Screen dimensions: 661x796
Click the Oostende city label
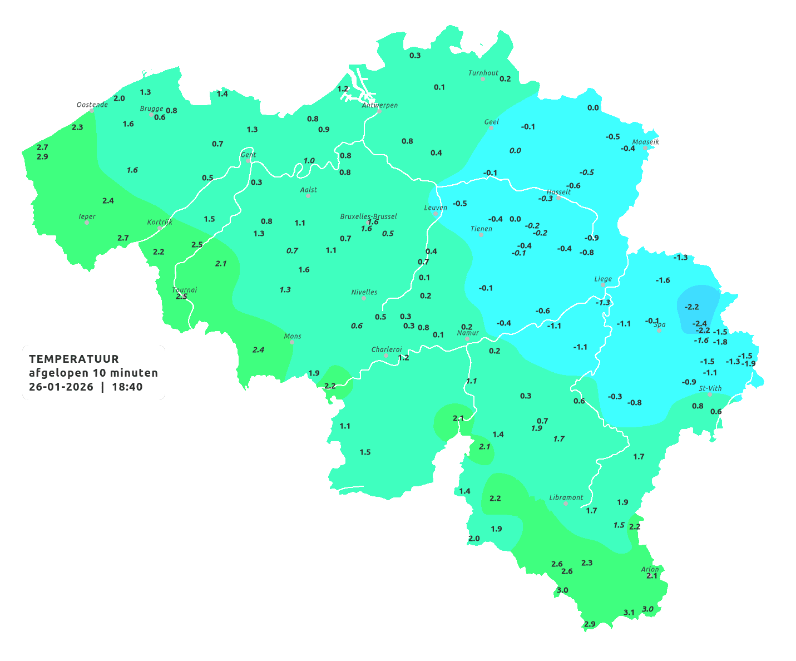point(92,105)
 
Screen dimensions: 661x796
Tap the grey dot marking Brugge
point(151,114)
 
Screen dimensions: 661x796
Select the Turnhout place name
point(483,73)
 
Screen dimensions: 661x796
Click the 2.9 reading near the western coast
point(42,157)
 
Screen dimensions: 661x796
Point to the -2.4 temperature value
point(699,324)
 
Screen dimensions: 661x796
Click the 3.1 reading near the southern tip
point(629,613)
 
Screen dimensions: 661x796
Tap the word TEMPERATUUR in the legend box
point(73,359)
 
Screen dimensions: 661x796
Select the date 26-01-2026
point(61,387)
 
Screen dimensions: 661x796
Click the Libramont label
point(566,497)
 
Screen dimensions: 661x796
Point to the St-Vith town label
point(710,388)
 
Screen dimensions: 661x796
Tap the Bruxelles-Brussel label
point(368,216)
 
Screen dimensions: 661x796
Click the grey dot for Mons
point(291,342)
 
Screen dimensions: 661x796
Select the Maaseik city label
point(645,142)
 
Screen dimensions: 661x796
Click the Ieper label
point(87,216)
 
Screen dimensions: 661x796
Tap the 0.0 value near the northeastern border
point(593,108)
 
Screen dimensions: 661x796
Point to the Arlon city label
point(649,569)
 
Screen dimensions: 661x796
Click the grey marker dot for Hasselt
point(558,198)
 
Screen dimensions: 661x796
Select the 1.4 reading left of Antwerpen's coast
point(222,94)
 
